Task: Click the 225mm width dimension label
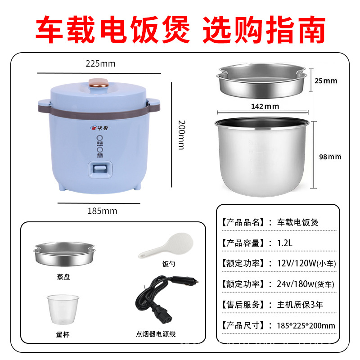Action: coord(100,64)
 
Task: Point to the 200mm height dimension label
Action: coord(181,135)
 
